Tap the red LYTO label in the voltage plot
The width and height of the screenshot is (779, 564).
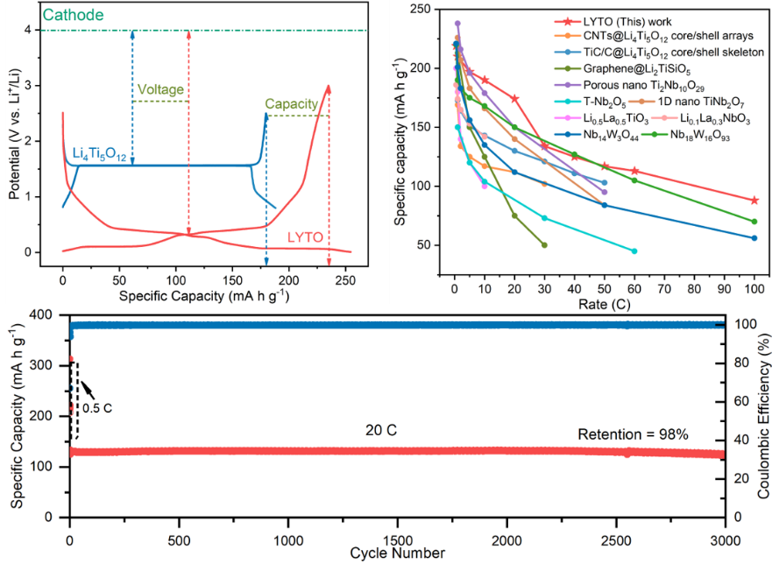[305, 236]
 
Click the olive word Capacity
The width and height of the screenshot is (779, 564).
[291, 103]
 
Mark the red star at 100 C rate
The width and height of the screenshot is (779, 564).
[754, 201]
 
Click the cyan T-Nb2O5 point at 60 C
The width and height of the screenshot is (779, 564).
[634, 251]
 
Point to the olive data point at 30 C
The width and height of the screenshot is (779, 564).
[544, 245]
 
